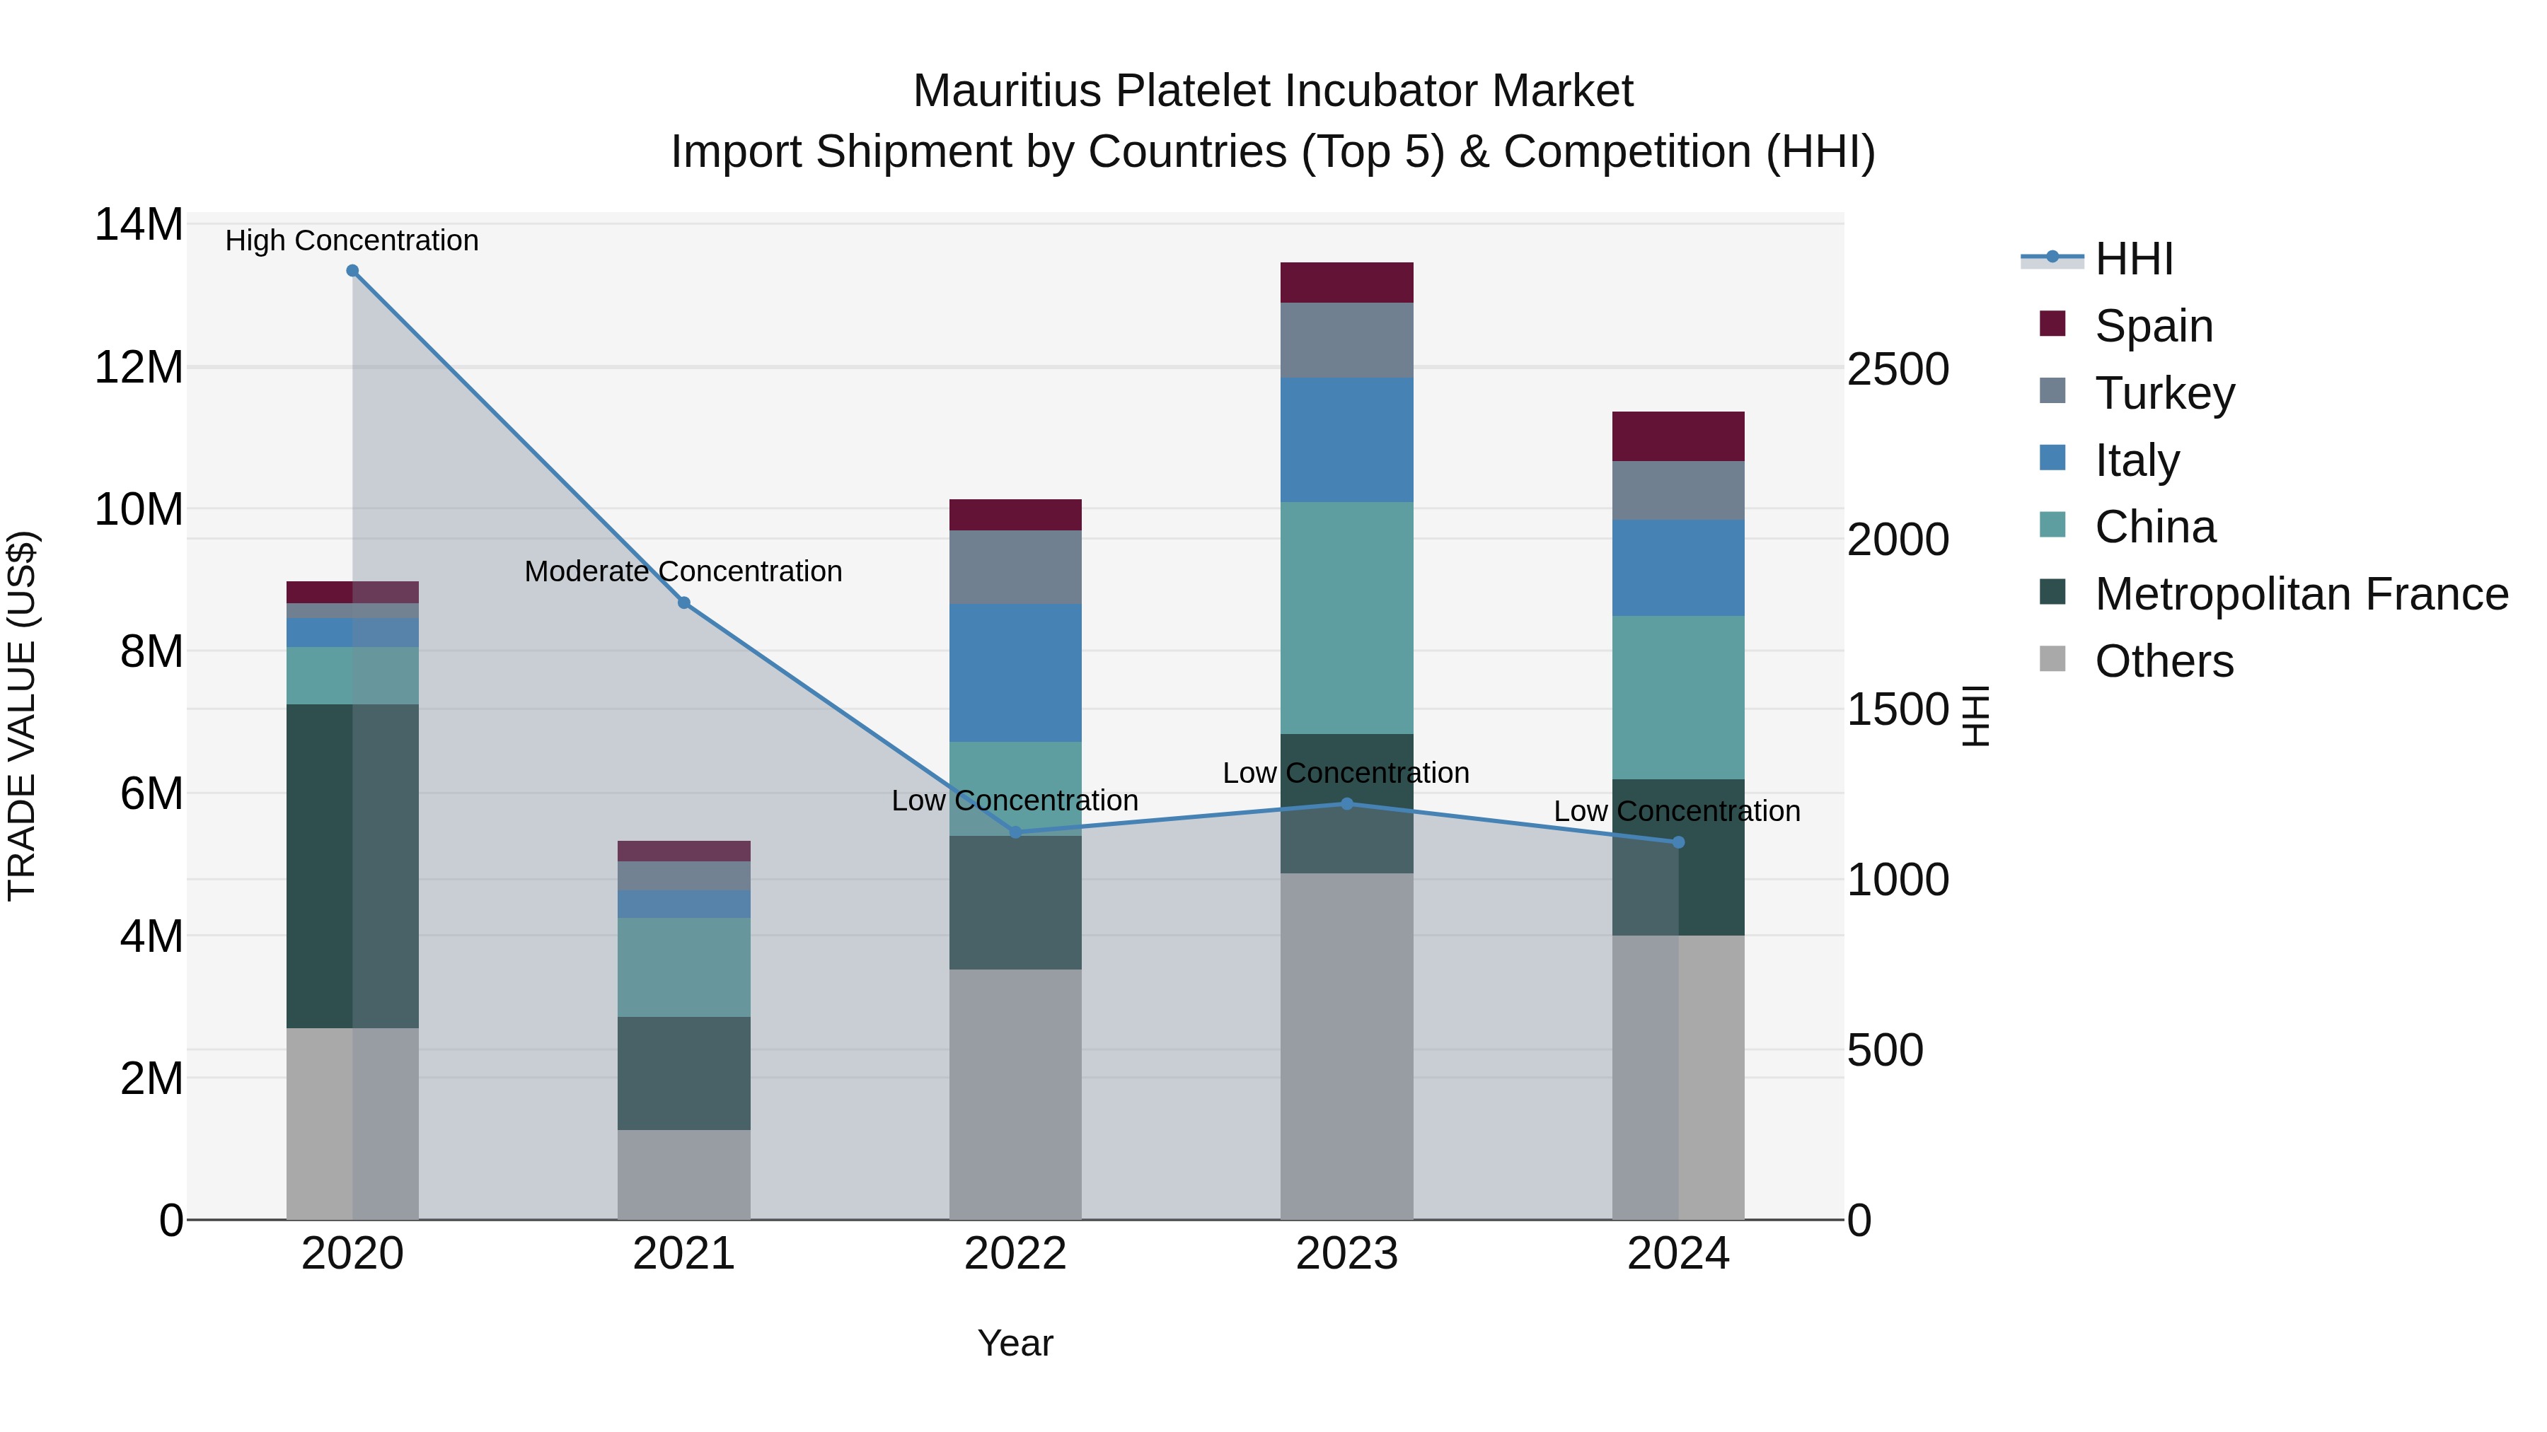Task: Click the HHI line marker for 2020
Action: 352,271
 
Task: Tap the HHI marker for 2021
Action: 683,603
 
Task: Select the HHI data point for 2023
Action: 1346,803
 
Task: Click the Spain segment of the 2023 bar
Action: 1346,283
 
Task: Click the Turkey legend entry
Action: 2164,393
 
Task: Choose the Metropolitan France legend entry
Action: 2300,594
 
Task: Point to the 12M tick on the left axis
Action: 139,368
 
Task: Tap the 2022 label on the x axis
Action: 1015,1254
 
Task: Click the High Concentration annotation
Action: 352,240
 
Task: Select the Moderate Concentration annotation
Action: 683,571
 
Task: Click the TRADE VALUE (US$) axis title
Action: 22,716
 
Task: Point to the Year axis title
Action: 1015,1343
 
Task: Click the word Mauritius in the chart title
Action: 1007,91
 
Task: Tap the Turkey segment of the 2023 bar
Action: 1346,340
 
